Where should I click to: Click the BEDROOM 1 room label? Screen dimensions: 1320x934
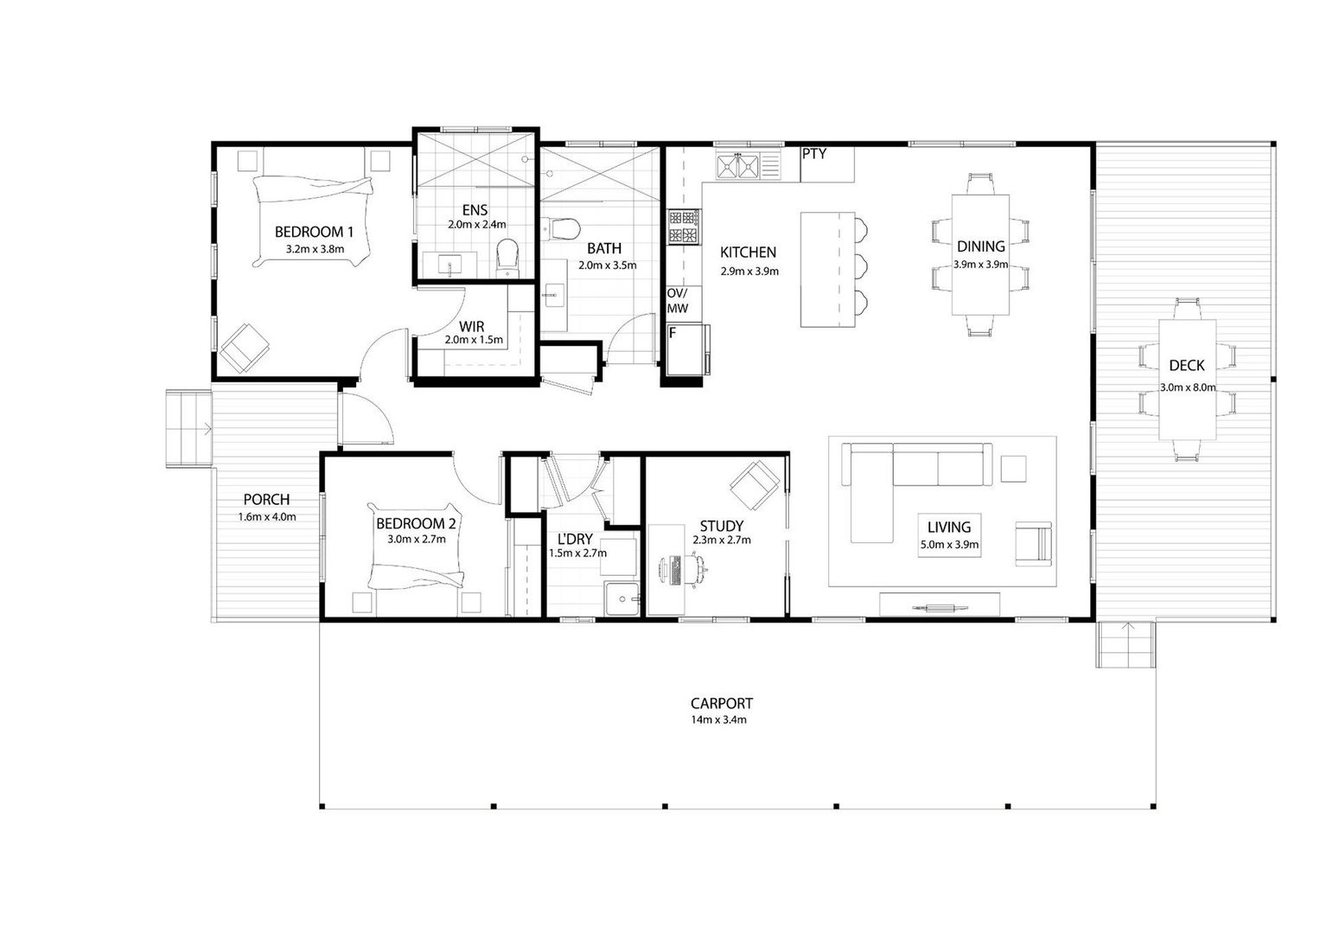click(x=314, y=232)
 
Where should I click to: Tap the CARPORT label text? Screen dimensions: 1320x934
click(x=721, y=703)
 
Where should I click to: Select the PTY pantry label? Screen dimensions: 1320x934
click(x=813, y=154)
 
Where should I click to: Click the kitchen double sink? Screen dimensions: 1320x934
click(x=737, y=166)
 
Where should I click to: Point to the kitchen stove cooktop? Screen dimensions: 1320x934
click(x=684, y=227)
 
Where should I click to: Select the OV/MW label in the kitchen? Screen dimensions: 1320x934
click(x=678, y=301)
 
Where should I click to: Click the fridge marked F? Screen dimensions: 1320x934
click(x=687, y=349)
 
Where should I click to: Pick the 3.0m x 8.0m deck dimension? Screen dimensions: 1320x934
click(x=1188, y=387)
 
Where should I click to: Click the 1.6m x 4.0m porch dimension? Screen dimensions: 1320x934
click(x=267, y=517)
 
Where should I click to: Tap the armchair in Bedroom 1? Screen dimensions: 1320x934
click(x=246, y=348)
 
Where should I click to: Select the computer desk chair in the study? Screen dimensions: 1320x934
click(x=698, y=569)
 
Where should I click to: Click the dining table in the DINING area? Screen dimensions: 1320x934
click(x=980, y=255)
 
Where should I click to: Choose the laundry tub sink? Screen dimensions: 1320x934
click(x=622, y=599)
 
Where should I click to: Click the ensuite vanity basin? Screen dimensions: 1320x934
click(x=450, y=264)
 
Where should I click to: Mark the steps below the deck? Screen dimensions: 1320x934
click(x=1126, y=644)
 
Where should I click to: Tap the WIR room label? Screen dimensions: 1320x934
click(x=471, y=326)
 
